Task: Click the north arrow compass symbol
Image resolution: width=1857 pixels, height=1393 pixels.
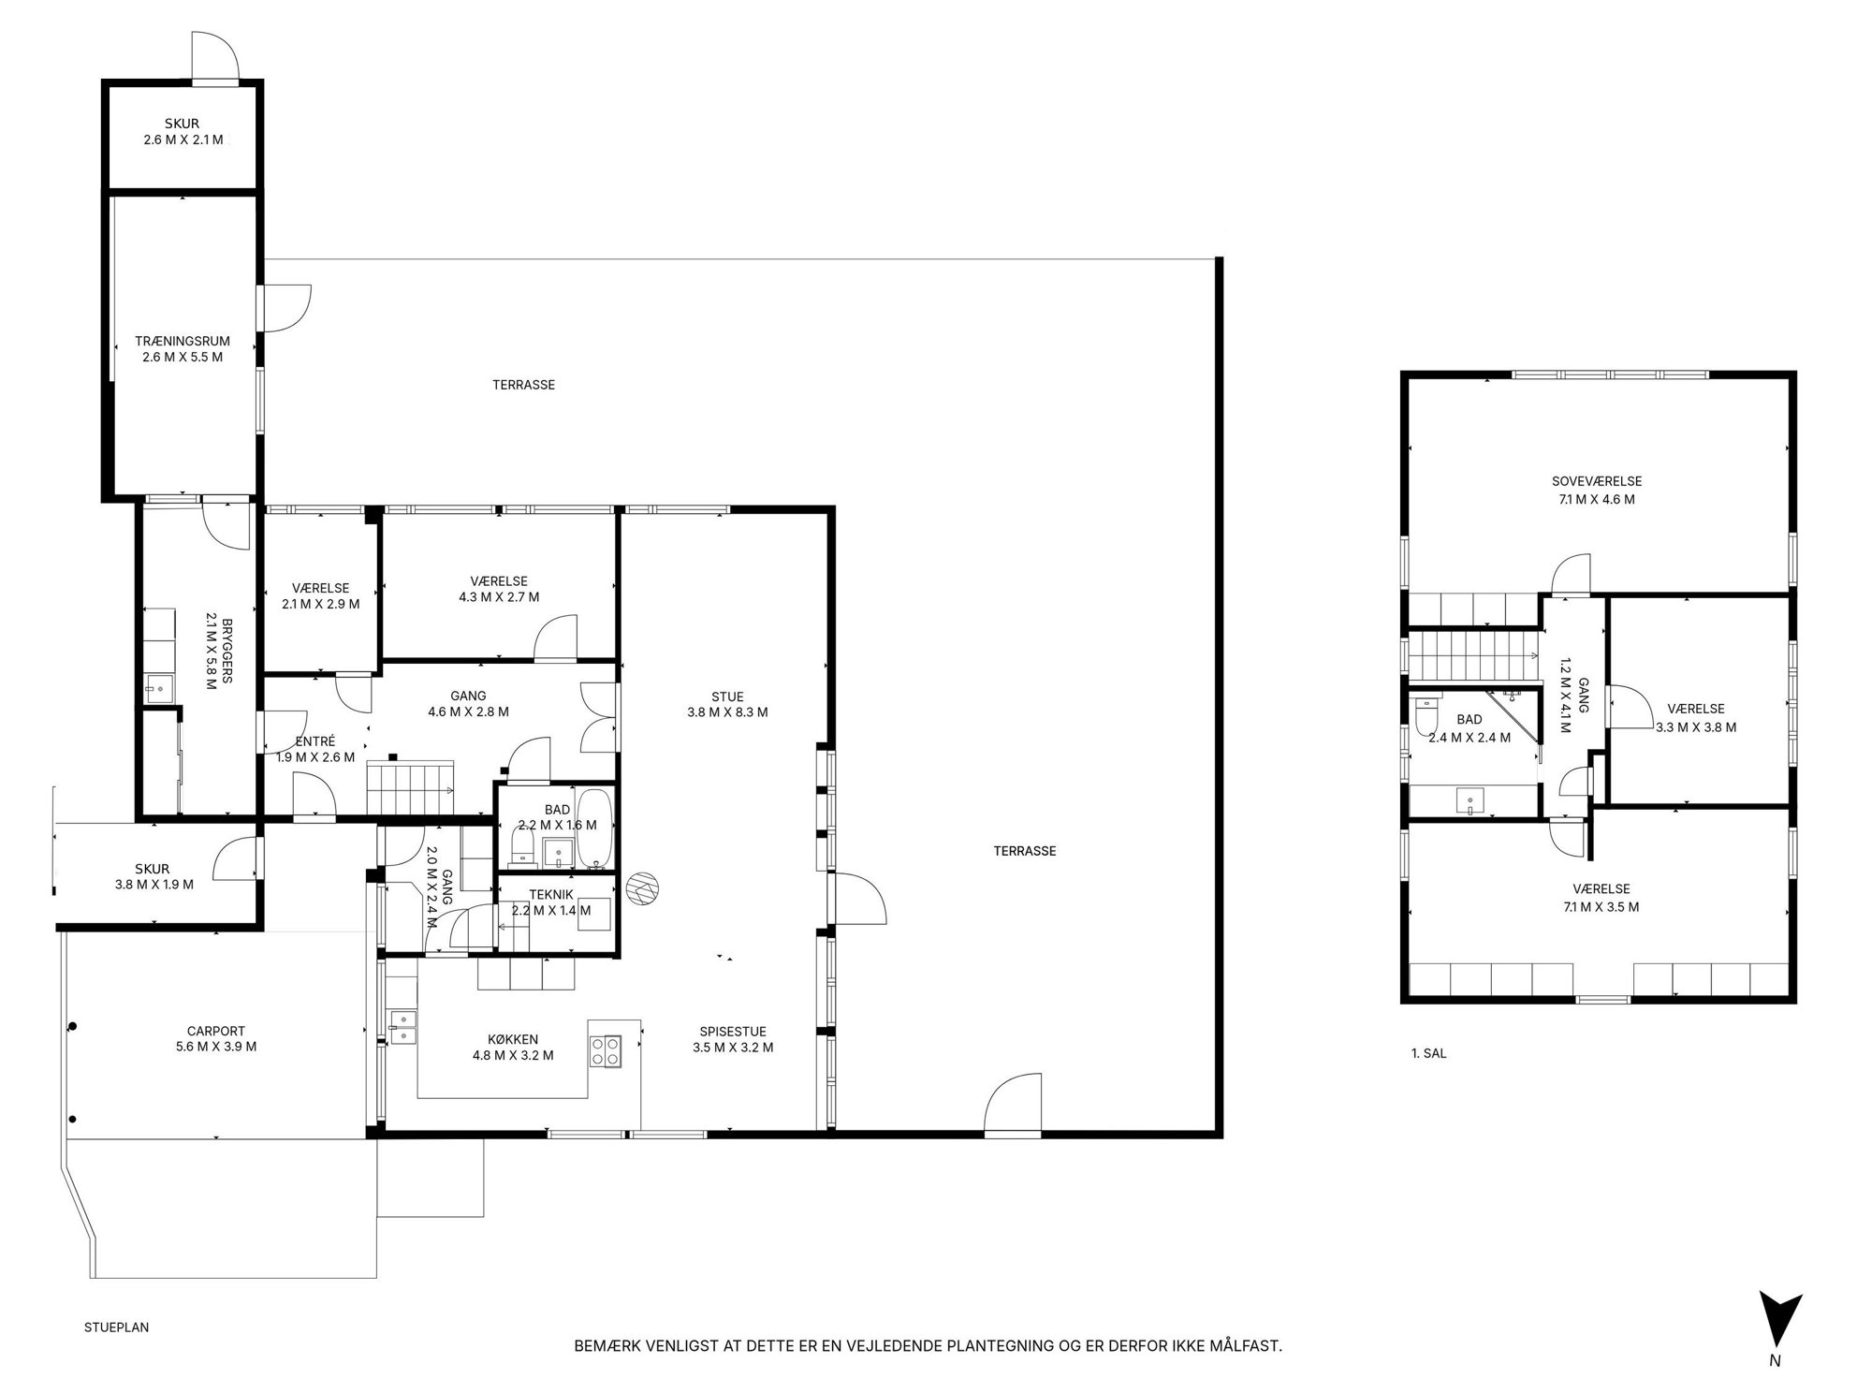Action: pos(1779,1321)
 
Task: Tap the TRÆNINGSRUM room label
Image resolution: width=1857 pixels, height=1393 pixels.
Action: pos(183,342)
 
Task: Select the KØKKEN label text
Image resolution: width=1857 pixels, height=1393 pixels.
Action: pos(513,1039)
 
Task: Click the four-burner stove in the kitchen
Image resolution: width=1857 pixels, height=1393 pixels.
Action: pos(605,1051)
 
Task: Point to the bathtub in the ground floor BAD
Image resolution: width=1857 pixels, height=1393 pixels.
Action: pos(594,829)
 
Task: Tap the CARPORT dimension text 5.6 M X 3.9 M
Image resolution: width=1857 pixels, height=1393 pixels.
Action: pos(216,1047)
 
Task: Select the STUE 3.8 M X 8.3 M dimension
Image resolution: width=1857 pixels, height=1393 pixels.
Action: pos(727,711)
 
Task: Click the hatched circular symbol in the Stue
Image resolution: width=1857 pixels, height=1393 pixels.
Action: pos(643,887)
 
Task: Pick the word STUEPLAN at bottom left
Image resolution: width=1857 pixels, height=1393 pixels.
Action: pos(116,1327)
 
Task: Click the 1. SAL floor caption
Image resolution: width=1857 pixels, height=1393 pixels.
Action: pos(1428,1053)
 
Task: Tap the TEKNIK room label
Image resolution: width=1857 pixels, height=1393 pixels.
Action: pos(551,895)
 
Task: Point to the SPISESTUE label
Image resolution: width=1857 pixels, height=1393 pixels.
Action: pos(733,1032)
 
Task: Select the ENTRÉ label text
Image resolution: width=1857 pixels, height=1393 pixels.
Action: pos(315,741)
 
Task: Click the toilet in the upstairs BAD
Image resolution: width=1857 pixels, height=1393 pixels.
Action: pos(1427,716)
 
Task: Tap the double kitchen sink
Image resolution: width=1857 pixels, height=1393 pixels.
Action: pos(402,1026)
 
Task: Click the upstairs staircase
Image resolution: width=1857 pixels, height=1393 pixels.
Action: pos(1475,655)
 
